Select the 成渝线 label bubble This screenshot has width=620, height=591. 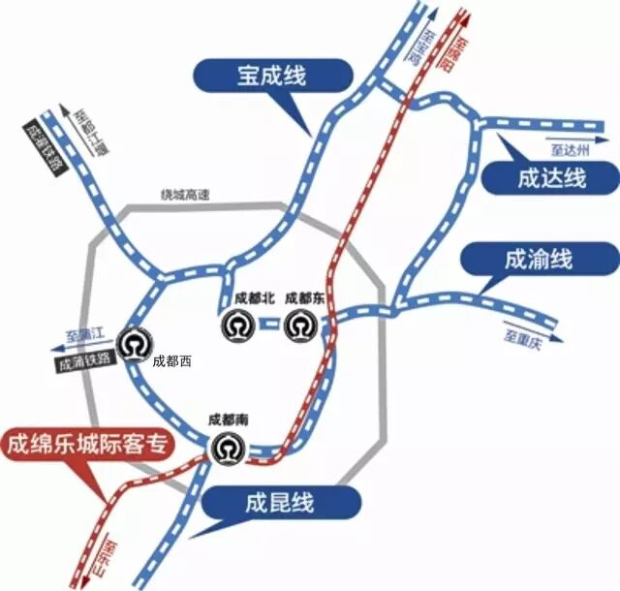[539, 260]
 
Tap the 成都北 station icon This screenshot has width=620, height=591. [235, 326]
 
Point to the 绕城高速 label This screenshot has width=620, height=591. [184, 194]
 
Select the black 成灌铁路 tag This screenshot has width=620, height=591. [41, 146]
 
